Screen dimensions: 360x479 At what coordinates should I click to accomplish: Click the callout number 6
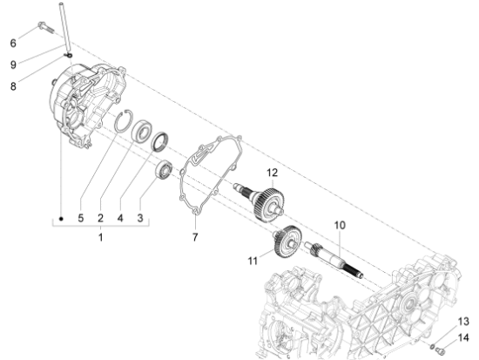pos(13,43)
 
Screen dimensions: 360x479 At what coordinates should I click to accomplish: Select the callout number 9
pos(13,65)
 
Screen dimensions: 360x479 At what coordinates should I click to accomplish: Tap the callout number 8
pos(13,85)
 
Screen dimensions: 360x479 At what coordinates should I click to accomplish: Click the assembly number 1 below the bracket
pos(100,237)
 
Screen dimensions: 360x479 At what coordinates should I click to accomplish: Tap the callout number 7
pos(194,236)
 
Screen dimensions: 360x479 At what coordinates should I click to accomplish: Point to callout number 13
pos(464,322)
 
